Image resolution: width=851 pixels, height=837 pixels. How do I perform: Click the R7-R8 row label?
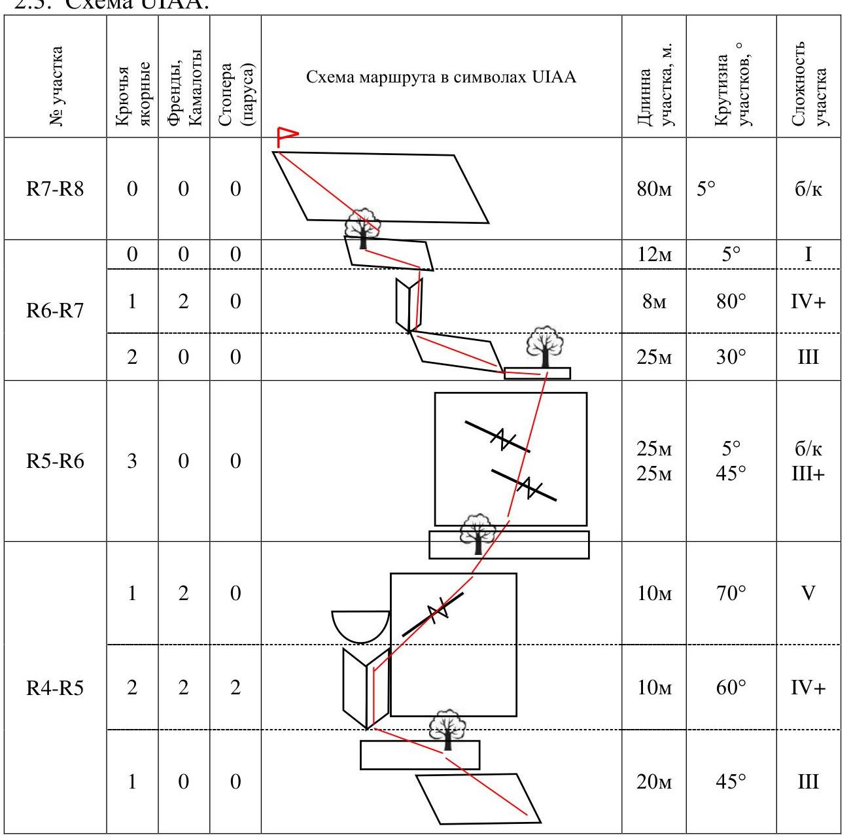click(55, 189)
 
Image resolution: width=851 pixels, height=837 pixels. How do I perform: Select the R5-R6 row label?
click(55, 461)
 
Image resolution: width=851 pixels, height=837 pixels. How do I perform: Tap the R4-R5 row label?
click(55, 688)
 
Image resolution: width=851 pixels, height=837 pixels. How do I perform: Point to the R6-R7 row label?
click(55, 310)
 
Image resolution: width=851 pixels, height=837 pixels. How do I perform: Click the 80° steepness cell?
click(731, 302)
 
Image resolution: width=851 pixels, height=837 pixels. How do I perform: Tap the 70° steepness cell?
click(731, 594)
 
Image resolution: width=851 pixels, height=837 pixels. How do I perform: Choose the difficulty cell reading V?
click(808, 594)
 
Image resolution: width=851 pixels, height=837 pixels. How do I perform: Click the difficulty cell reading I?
click(808, 255)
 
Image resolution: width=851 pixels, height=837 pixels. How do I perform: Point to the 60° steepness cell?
click(731, 688)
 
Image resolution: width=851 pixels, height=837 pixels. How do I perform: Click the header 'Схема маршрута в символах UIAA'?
click(442, 77)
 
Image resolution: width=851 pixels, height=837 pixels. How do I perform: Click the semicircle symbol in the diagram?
click(360, 624)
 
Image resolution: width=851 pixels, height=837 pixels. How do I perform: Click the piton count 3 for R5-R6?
click(132, 461)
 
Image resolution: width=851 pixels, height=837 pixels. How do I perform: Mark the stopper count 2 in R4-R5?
click(235, 688)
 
